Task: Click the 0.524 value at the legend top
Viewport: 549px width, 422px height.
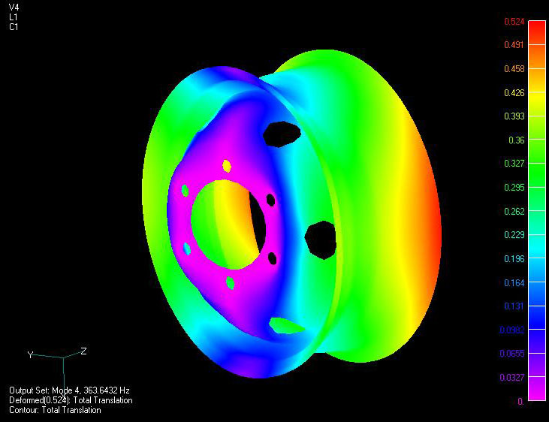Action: pos(513,22)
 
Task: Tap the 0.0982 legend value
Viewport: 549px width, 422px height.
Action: pos(511,330)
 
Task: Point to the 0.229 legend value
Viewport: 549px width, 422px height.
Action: pos(513,235)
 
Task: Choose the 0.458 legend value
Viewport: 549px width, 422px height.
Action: pos(513,69)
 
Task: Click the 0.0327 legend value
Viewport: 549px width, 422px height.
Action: pos(511,378)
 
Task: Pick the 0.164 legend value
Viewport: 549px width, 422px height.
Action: pos(513,282)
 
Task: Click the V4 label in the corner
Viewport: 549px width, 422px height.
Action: pos(14,7)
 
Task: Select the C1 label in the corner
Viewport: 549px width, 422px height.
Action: pos(14,27)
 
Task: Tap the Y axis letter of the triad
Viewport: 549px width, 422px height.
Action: pos(30,354)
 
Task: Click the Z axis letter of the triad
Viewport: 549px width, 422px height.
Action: pos(83,351)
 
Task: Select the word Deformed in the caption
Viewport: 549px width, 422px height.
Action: pos(27,400)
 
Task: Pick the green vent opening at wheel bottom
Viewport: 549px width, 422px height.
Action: pos(288,325)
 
